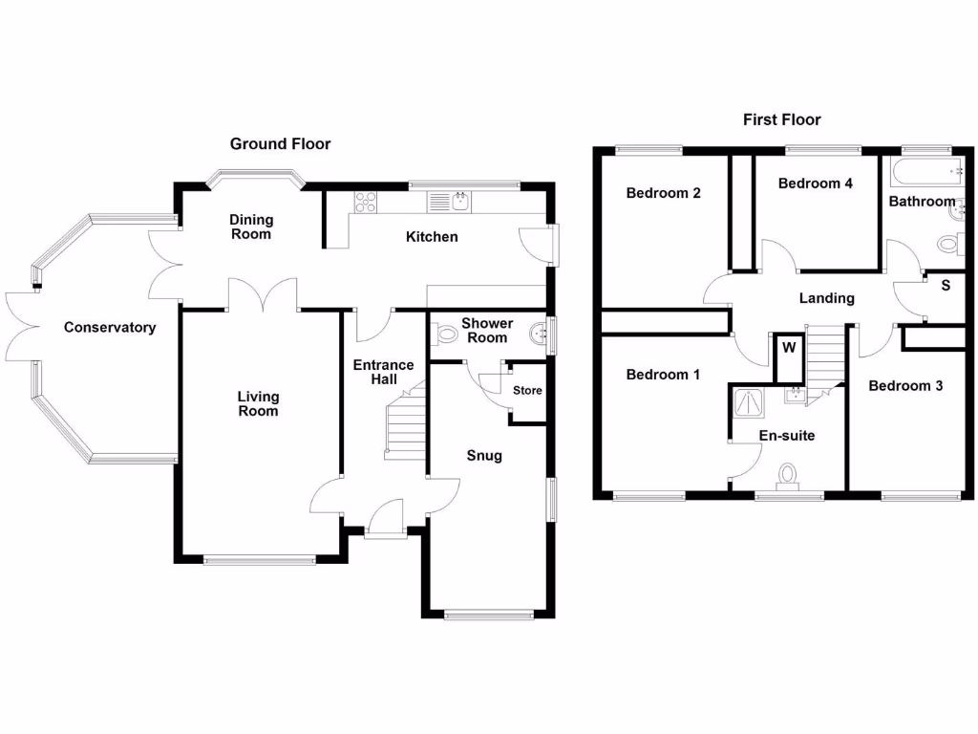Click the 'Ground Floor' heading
pyautogui.click(x=280, y=144)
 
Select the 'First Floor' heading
pyautogui.click(x=782, y=119)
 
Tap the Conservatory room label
pyautogui.click(x=110, y=328)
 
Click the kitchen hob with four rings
pyautogui.click(x=366, y=202)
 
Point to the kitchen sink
pyautogui.click(x=452, y=202)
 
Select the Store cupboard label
pyautogui.click(x=527, y=391)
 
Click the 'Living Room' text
pyautogui.click(x=258, y=403)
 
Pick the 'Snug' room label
pyautogui.click(x=484, y=456)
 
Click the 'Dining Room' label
pyautogui.click(x=250, y=227)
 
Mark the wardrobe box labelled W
pyautogui.click(x=789, y=347)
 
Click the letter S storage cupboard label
pyautogui.click(x=946, y=286)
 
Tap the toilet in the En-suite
pyautogui.click(x=789, y=476)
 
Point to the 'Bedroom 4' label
pyautogui.click(x=815, y=183)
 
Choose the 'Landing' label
pyautogui.click(x=826, y=298)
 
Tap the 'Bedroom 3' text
pyautogui.click(x=905, y=386)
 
